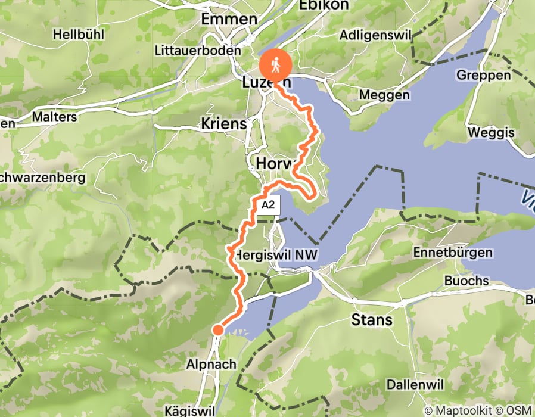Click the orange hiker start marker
tap(275, 63)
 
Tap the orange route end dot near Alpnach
tap(217, 330)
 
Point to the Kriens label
tap(224, 123)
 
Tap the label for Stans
tap(372, 320)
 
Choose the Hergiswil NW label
tap(275, 254)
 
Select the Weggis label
tap(492, 132)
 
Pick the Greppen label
tap(484, 75)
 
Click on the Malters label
tap(55, 117)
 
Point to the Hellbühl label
tap(79, 35)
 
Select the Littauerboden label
tap(197, 51)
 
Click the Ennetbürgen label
tap(453, 253)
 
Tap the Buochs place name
tap(466, 281)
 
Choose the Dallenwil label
tap(415, 385)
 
